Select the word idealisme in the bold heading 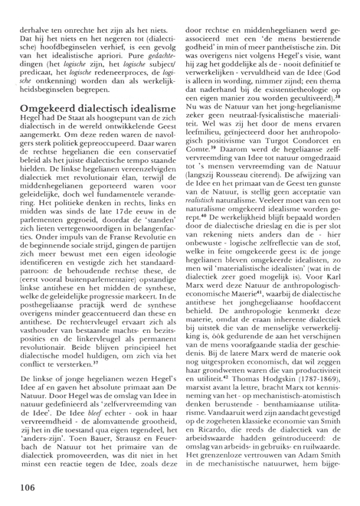(x=145, y=111)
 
